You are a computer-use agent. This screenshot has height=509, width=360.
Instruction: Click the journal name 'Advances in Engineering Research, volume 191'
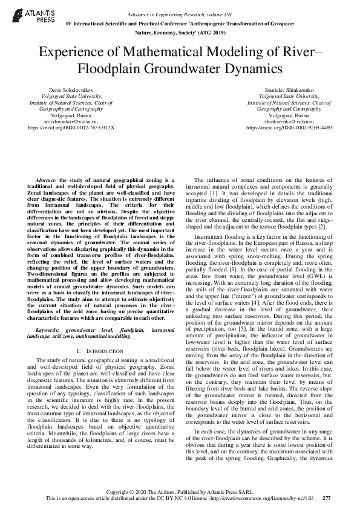click(x=180, y=13)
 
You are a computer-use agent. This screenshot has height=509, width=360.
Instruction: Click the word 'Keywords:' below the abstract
click(x=48, y=331)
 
